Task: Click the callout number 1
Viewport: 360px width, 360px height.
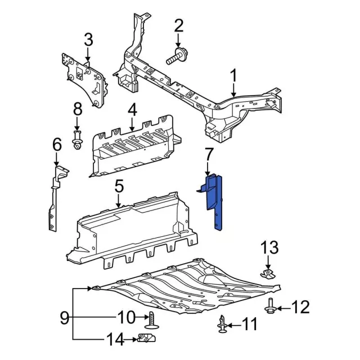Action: [233, 75]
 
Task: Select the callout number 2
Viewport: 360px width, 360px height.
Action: [179, 25]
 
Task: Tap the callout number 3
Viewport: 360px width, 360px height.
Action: [88, 40]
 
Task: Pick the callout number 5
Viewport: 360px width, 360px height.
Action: [119, 185]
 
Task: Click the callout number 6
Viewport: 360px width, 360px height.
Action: [56, 145]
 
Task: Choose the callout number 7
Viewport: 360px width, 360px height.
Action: [208, 154]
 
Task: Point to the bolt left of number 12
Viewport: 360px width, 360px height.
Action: [271, 307]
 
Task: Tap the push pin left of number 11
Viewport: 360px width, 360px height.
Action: [221, 324]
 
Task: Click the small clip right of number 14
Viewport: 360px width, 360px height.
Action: [146, 339]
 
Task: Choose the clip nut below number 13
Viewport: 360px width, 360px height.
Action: [268, 274]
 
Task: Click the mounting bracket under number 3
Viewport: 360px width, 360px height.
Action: [85, 81]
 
